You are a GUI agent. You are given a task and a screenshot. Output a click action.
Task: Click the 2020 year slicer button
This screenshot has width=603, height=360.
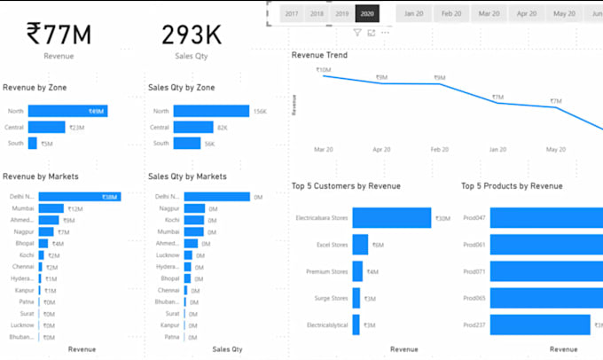pos(366,14)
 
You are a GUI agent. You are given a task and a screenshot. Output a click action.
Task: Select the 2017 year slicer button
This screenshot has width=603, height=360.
pos(292,14)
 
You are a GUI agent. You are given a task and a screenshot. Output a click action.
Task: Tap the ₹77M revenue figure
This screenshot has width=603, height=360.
pos(59,35)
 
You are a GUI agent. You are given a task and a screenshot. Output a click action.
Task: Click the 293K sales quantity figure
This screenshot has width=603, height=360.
pos(191,35)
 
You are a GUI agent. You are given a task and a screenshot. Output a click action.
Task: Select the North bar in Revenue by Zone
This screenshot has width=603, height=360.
pos(67,111)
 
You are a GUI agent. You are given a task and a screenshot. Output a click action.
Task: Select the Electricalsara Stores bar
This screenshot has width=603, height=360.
pos(391,218)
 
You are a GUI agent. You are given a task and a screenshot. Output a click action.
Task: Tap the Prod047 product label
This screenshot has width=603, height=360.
pos(474,218)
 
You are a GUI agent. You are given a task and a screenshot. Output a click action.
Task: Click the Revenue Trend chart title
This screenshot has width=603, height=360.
pos(319,55)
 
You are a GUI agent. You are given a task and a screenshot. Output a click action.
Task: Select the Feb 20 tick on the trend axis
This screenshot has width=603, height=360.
pos(440,150)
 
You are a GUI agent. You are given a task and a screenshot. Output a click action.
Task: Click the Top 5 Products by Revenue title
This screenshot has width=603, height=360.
pos(512,186)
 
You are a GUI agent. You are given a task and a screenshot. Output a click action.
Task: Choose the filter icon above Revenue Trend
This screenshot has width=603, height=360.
pos(357,33)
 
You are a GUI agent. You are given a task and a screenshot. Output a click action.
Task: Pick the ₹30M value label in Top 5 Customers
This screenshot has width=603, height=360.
pos(442,218)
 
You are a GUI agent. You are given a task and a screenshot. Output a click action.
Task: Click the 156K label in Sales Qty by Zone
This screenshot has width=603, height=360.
pos(260,111)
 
